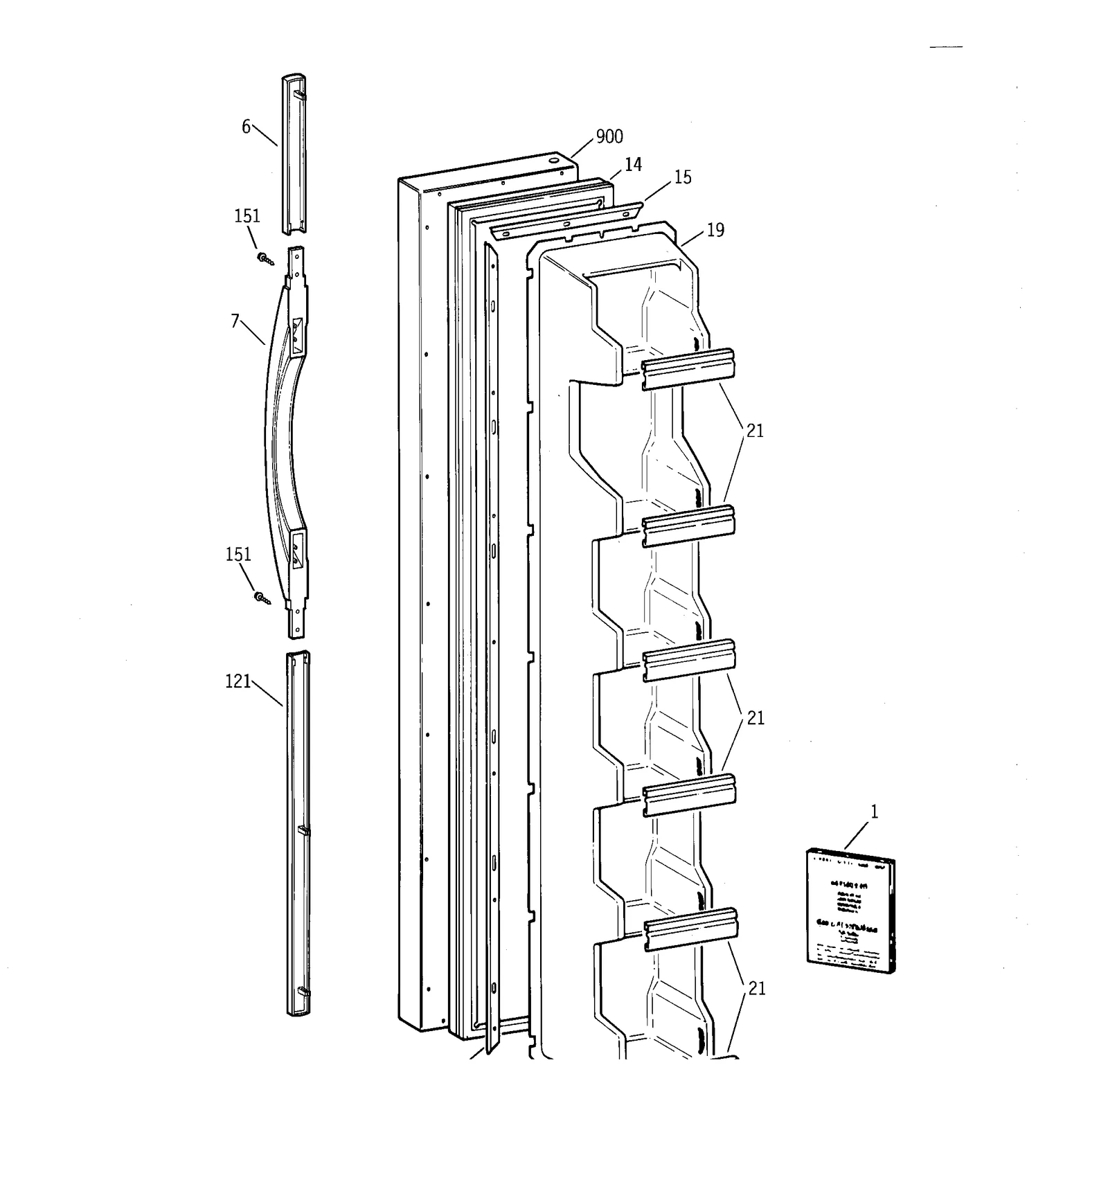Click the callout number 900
609,137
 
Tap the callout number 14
633,165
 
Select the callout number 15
682,178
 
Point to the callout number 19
715,231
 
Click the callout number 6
246,127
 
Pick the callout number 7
235,322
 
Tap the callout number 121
238,682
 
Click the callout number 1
874,812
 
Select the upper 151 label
247,217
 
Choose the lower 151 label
238,555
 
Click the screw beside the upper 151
265,259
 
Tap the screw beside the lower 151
262,598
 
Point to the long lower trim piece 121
298,831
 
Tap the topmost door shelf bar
687,369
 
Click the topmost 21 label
754,431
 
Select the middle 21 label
755,719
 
